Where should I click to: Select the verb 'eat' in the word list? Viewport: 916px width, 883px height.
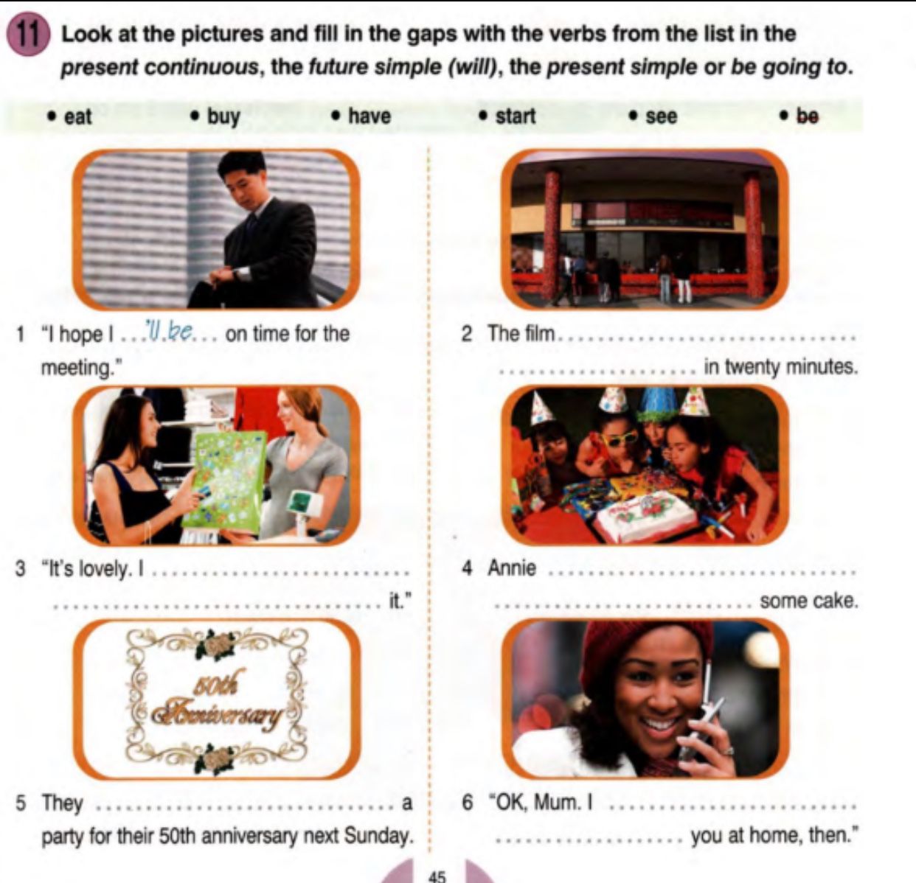click(77, 116)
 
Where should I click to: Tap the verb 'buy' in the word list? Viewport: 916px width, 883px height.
click(223, 116)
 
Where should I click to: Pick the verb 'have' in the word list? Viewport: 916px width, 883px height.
click(369, 116)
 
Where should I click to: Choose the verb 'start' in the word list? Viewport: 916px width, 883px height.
click(516, 116)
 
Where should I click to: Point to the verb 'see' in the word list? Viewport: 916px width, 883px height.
click(662, 117)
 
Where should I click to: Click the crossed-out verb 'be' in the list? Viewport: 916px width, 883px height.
click(808, 116)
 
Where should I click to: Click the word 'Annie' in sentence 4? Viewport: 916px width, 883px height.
click(512, 568)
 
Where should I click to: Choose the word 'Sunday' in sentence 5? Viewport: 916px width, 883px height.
click(378, 837)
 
